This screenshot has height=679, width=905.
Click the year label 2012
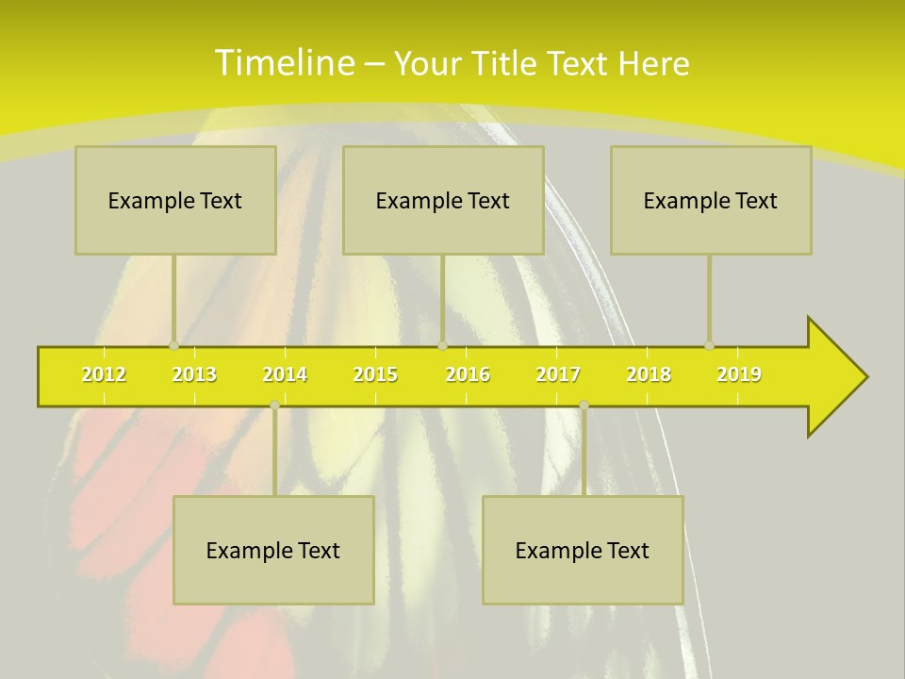pyautogui.click(x=104, y=374)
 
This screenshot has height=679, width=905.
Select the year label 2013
pyautogui.click(x=194, y=374)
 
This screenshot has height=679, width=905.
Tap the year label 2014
pyautogui.click(x=285, y=374)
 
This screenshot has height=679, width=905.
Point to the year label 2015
pyautogui.click(x=375, y=374)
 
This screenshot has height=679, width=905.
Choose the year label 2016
pyautogui.click(x=468, y=374)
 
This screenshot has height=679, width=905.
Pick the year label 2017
pyautogui.click(x=558, y=374)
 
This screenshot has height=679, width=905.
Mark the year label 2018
pyautogui.click(x=649, y=374)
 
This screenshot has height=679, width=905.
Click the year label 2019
pyautogui.click(x=739, y=374)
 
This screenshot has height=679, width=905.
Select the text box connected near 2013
pyautogui.click(x=175, y=200)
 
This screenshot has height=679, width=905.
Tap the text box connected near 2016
pyautogui.click(x=443, y=200)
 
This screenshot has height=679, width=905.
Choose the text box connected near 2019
pyautogui.click(x=711, y=200)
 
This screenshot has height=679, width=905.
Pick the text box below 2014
pyautogui.click(x=273, y=550)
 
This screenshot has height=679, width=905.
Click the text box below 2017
pyautogui.click(x=583, y=550)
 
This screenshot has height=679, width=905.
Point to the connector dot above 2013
pyautogui.click(x=173, y=346)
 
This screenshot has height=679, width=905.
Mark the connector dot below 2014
pyautogui.click(x=274, y=405)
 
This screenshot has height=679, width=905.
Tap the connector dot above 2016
pyautogui.click(x=442, y=346)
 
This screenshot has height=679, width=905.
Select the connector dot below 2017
pyautogui.click(x=584, y=405)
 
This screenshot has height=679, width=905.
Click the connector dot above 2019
pyautogui.click(x=709, y=346)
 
